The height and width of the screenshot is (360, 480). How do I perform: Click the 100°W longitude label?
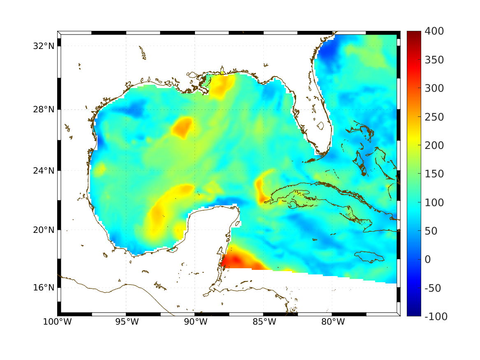click(x=57, y=322)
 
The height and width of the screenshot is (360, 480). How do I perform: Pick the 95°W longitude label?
click(x=126, y=322)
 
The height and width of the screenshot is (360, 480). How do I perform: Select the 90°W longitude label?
click(x=195, y=322)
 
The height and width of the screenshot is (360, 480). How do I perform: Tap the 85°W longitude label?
click(x=264, y=322)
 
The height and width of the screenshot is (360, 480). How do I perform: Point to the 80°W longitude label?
click(x=332, y=322)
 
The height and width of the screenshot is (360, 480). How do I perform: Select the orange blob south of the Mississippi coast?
click(x=222, y=86)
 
